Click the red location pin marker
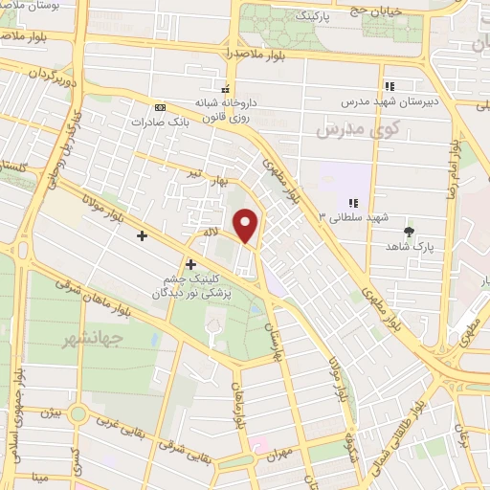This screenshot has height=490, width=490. point(248,226)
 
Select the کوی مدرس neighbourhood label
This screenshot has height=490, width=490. point(342,127)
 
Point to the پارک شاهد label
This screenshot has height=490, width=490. point(412,246)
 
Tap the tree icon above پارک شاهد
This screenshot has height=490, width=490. point(411,232)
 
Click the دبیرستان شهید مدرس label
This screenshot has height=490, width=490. point(390,99)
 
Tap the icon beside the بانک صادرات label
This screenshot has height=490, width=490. point(159,107)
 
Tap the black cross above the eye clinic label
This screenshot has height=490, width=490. point(190,264)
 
